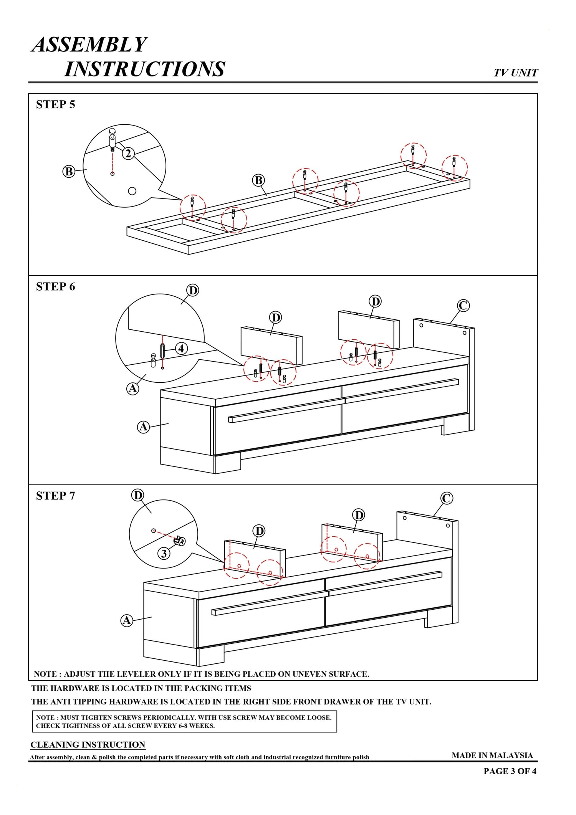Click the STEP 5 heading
click(x=55, y=104)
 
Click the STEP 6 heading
click(x=55, y=286)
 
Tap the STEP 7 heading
click(x=55, y=496)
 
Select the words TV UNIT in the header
click(x=515, y=73)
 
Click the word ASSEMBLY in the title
click(x=89, y=45)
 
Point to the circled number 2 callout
click(x=128, y=154)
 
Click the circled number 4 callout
click(x=181, y=349)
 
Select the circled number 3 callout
click(x=164, y=553)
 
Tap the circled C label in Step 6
click(x=463, y=306)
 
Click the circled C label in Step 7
click(x=447, y=498)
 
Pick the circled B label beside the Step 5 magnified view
click(x=69, y=171)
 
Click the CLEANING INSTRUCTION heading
click(x=88, y=745)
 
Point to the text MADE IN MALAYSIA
click(x=492, y=755)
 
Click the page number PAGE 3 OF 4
click(x=510, y=771)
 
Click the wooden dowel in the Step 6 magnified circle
click(x=162, y=350)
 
